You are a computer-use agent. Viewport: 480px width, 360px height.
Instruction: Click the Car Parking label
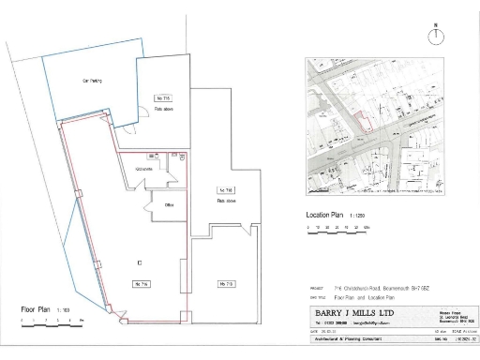coord(92,82)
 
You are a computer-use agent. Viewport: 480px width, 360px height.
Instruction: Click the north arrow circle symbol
coord(435,37)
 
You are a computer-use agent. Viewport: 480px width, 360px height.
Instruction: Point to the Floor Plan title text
coord(38,308)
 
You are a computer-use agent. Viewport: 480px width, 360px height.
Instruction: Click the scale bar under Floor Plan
coord(52,321)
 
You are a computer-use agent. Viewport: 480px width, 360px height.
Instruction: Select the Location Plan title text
coord(324,215)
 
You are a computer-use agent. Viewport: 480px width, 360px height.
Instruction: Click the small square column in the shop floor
coord(140,261)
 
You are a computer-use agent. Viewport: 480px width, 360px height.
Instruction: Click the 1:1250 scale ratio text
coord(357,215)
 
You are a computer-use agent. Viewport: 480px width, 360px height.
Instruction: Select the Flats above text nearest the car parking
coord(165,108)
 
